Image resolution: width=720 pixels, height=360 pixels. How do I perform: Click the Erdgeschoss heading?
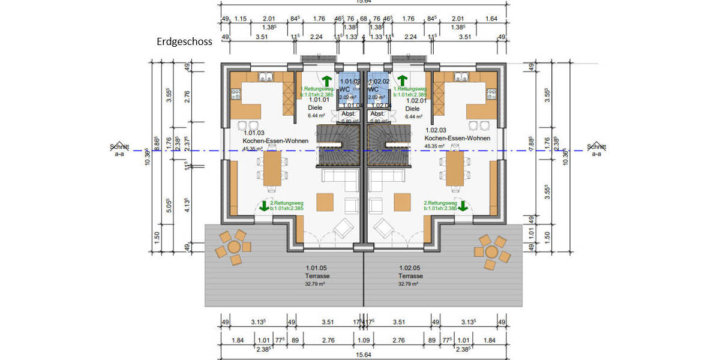(184, 43)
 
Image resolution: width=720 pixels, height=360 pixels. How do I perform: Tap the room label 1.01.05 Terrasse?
(317, 272)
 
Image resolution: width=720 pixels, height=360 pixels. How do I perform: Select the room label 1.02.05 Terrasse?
(411, 272)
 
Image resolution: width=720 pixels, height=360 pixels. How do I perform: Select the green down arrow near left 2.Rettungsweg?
(265, 206)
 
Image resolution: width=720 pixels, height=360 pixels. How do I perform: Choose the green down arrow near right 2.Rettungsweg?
(463, 206)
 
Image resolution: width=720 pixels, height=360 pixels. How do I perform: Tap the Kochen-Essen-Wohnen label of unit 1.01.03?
(275, 140)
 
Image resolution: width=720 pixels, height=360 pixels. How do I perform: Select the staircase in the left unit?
(338, 145)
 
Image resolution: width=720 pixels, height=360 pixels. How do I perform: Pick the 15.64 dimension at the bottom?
(363, 355)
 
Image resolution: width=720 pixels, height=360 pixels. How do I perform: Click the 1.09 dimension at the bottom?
(364, 341)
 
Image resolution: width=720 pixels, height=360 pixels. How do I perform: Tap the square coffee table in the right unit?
(402, 201)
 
